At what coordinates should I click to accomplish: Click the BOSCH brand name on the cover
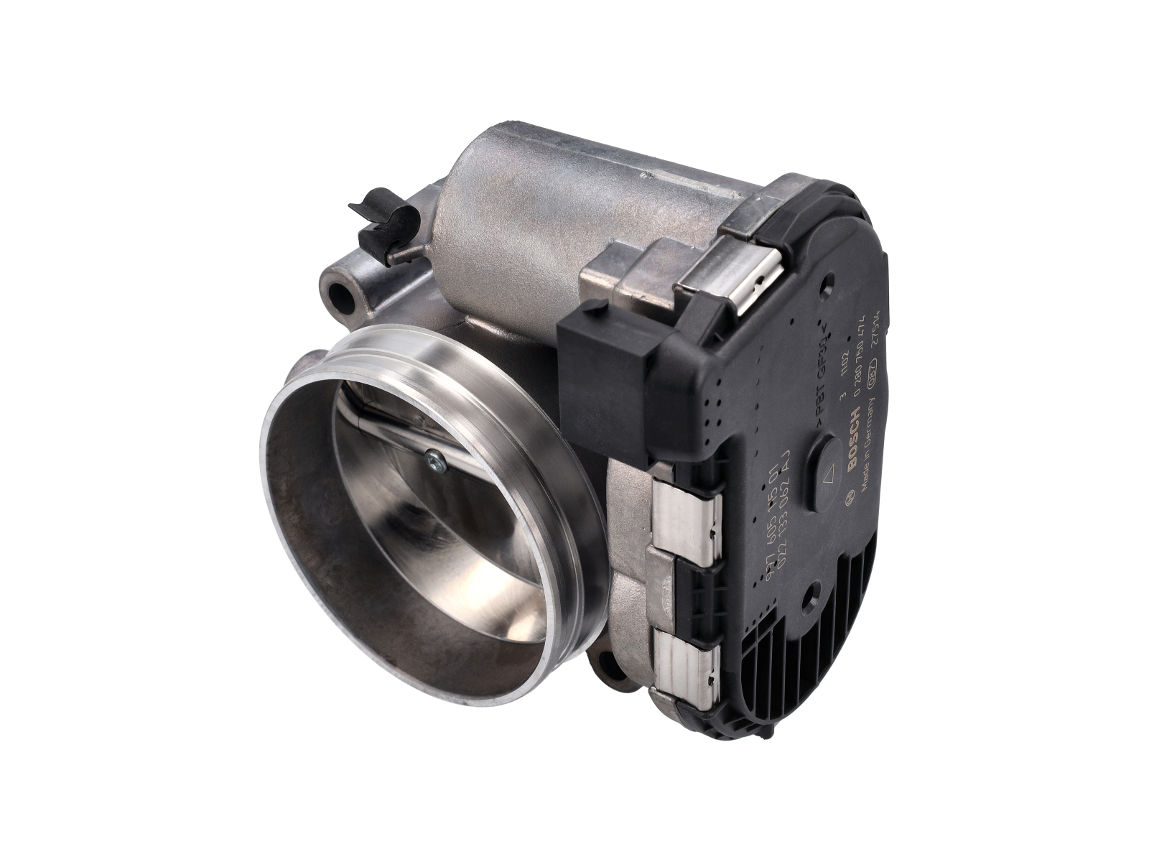(854, 440)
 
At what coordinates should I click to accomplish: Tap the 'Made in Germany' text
(870, 448)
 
